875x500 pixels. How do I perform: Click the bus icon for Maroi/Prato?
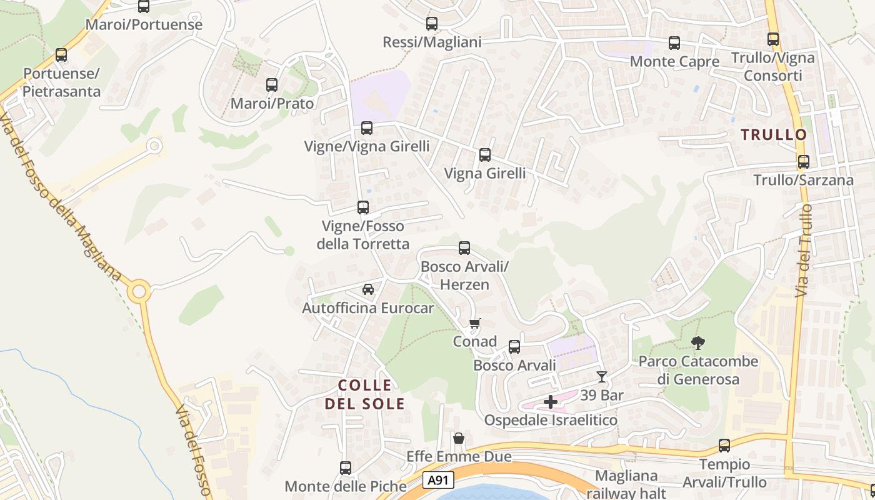[271, 84]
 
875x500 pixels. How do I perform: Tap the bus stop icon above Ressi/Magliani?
[431, 24]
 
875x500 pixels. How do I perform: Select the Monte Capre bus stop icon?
[674, 43]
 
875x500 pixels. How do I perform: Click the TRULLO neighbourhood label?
[774, 134]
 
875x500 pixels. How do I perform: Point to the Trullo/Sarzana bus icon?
[803, 162]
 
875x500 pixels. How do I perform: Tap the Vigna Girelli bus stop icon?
[484, 155]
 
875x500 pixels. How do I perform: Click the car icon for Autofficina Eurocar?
[368, 289]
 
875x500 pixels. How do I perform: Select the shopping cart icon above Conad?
[475, 323]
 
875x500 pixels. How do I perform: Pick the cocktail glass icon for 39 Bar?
[601, 376]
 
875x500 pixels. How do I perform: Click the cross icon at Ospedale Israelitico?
[550, 401]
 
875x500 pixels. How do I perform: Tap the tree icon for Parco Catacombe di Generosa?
[698, 342]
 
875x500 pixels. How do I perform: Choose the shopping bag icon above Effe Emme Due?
[459, 438]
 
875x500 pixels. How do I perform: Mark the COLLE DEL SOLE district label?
[365, 394]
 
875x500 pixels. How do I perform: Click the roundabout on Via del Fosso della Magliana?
[139, 291]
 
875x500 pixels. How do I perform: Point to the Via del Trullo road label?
[804, 250]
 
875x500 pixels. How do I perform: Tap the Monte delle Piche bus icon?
[345, 467]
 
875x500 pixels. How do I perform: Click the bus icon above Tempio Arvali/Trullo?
[724, 446]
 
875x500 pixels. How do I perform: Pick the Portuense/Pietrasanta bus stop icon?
[61, 55]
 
